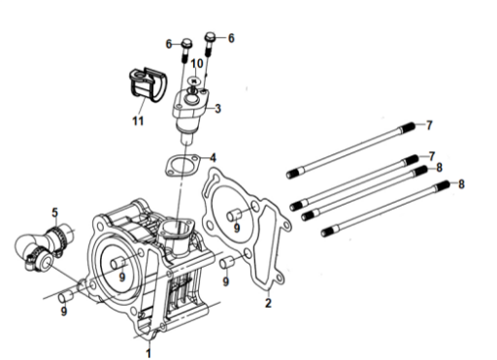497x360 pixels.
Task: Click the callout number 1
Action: (x=149, y=352)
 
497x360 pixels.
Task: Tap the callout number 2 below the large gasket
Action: (x=268, y=303)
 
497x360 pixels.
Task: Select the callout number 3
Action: (x=218, y=109)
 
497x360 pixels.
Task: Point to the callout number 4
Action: (x=213, y=158)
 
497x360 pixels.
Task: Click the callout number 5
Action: (x=55, y=213)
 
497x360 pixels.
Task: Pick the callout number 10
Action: (x=197, y=63)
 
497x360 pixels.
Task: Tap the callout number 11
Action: (x=138, y=121)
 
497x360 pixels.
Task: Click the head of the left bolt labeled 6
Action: (x=186, y=43)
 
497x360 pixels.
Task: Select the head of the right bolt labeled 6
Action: (x=210, y=35)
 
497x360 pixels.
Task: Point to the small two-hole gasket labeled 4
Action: (x=182, y=166)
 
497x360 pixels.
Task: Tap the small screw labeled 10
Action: (x=194, y=83)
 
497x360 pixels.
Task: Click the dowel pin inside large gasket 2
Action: (x=233, y=214)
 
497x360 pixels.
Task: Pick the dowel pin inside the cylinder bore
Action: (x=117, y=263)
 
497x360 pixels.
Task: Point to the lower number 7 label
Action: (x=432, y=156)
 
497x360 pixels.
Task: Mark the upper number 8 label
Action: (x=439, y=168)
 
